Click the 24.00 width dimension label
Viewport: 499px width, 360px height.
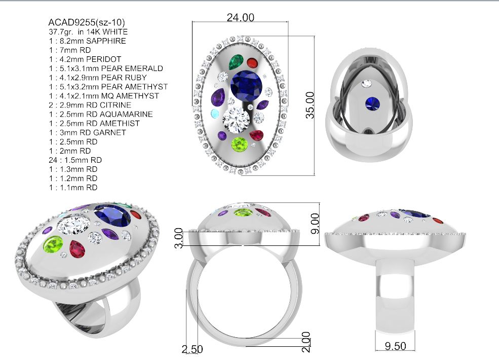click(240, 17)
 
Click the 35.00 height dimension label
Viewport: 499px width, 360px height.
click(310, 105)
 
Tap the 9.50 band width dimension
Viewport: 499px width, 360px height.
click(395, 346)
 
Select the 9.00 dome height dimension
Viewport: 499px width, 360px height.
click(315, 223)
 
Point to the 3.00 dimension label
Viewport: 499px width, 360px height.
click(178, 238)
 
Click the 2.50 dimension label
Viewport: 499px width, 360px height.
click(192, 349)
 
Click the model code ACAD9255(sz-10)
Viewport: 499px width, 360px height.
click(87, 22)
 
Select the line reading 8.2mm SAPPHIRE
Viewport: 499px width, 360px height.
click(88, 41)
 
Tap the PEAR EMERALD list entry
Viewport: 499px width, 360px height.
click(106, 68)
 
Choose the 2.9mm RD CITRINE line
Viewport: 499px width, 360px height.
click(90, 105)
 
